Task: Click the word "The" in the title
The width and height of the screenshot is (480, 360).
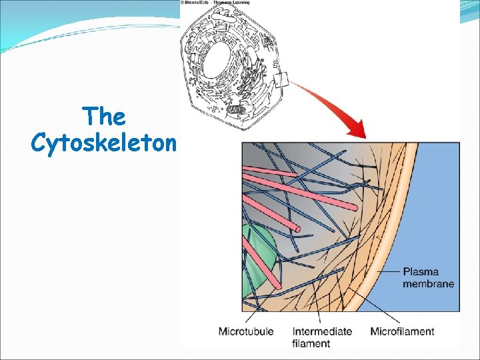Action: [x=105, y=117]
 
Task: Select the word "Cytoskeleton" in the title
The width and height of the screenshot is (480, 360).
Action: [x=103, y=142]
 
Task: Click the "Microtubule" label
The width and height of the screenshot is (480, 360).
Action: [x=247, y=331]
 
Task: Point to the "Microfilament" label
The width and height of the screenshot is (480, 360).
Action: [x=402, y=331]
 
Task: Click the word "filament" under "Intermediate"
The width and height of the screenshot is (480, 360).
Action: [x=311, y=343]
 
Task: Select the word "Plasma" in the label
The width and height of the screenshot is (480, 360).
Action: [x=420, y=272]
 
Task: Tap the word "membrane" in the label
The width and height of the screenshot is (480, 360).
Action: [x=429, y=283]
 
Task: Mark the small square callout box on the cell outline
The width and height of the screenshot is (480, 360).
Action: [x=281, y=81]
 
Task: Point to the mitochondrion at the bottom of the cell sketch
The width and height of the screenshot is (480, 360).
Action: [x=236, y=109]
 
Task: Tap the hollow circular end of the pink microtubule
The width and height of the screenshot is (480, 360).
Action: [x=298, y=231]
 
